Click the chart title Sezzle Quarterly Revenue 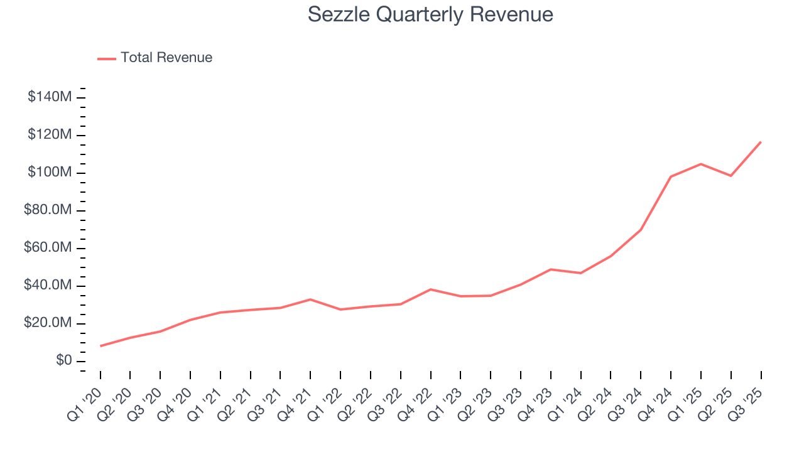430,14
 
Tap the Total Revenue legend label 166,58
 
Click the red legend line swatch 107,58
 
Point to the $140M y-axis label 49,97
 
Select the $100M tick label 49,173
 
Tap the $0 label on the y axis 63,361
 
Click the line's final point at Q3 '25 761,142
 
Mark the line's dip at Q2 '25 731,176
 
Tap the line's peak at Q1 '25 701,164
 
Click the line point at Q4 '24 671,176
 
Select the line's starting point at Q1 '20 100,346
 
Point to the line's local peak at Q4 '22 431,289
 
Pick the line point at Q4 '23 551,269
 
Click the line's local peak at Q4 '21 310,299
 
